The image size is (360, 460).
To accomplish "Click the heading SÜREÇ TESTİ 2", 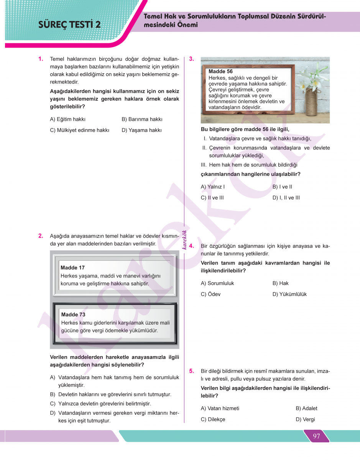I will coord(70,25).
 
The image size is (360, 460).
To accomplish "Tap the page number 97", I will coord(316,436).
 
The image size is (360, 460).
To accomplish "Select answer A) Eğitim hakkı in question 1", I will coord(68,119).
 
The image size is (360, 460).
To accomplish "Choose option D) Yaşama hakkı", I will coord(141,130).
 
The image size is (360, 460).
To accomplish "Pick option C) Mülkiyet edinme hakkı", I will coord(80,130).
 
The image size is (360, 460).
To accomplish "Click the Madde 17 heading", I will coord(72,268).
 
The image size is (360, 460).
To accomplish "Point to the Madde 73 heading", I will coord(73,314).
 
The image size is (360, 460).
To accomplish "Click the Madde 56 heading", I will coord(220,71).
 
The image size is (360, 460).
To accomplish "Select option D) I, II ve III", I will coord(286,198).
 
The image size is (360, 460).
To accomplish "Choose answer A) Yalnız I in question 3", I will coord(213,187).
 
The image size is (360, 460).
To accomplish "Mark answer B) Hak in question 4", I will coord(281,283).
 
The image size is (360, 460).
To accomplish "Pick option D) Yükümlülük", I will coord(289,294).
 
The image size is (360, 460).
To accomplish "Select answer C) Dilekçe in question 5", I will coord(213,419).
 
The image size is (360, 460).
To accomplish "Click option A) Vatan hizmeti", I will coord(220,408).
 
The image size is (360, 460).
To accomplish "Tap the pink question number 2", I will coord(41,236).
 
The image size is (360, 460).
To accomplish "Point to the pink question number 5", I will coord(192,371).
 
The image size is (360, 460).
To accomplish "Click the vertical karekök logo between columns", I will coord(184,240).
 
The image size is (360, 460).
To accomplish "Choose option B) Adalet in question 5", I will coord(306,408).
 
